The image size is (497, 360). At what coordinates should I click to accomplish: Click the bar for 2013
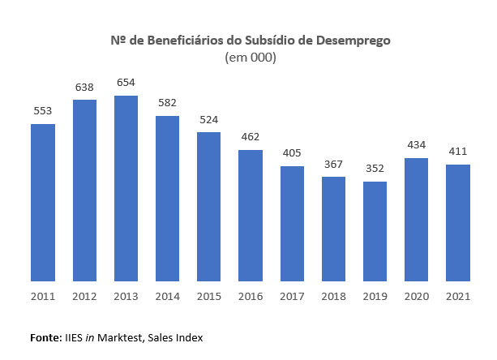(126, 189)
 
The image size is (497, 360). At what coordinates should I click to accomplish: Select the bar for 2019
(375, 232)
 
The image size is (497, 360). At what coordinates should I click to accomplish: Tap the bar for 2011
(43, 203)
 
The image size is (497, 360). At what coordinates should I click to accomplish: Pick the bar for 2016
(251, 216)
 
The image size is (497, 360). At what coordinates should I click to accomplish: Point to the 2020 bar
(416, 220)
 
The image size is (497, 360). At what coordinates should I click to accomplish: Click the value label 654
(126, 82)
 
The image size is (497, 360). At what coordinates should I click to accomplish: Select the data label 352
(375, 168)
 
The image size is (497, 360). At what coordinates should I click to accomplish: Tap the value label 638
(84, 86)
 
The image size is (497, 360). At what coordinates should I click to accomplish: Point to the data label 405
(292, 152)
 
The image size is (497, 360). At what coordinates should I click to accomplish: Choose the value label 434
(416, 144)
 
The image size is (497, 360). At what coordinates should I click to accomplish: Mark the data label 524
(209, 118)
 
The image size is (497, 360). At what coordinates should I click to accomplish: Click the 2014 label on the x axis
(167, 296)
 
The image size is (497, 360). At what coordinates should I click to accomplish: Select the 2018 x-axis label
(333, 296)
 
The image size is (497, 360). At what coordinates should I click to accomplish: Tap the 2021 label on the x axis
(458, 296)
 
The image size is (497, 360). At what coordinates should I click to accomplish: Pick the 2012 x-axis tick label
(84, 296)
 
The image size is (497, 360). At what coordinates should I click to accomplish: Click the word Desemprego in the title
(354, 40)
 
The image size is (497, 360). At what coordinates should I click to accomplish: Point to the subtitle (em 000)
(249, 58)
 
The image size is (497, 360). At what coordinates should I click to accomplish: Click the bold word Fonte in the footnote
(45, 336)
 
